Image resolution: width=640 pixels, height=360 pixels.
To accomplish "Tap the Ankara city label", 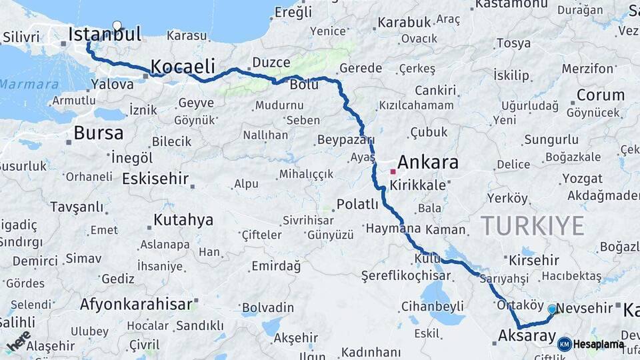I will point(428,162).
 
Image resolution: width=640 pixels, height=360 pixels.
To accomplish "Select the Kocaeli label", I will point(183,67).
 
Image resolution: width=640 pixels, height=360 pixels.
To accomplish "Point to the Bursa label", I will point(99,133).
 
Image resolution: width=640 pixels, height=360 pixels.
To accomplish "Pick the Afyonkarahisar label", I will point(136,305).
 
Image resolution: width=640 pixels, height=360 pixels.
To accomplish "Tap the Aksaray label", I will point(527,336).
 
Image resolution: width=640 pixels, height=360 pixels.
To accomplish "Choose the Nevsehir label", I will point(584,308).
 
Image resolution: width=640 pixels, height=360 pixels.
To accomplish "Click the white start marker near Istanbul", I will point(117,26).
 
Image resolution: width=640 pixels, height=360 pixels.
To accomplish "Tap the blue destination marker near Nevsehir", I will point(551,309).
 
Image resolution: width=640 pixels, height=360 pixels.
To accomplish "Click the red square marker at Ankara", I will point(393,171).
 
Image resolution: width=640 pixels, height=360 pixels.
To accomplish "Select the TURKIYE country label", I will point(533,225).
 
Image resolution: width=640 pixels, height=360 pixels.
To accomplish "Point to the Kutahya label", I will point(183,219).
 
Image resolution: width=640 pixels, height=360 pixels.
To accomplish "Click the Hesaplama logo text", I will point(598,344).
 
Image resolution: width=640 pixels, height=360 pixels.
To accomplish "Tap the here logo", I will point(18,341).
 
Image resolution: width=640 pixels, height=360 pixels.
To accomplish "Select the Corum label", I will point(600,95).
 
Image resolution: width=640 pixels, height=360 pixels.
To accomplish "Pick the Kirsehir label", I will point(533,260).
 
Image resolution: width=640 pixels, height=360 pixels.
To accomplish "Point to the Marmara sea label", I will point(29,85).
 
